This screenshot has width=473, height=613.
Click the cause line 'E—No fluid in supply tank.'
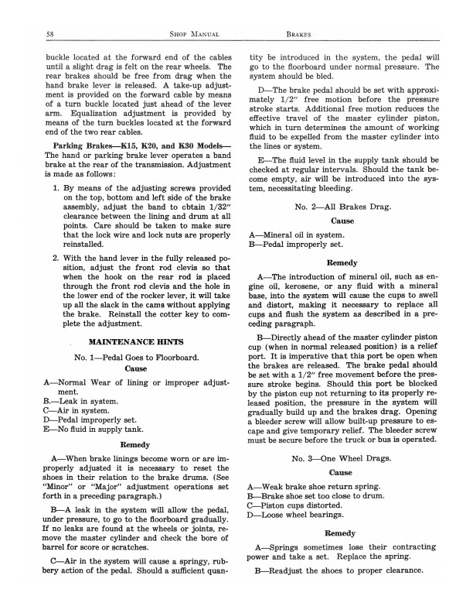point(93,434)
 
